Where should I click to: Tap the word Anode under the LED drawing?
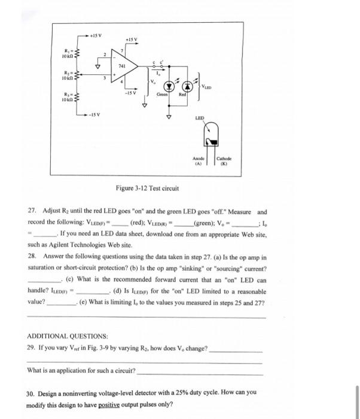pos(199,159)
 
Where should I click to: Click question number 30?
pos(32,393)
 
